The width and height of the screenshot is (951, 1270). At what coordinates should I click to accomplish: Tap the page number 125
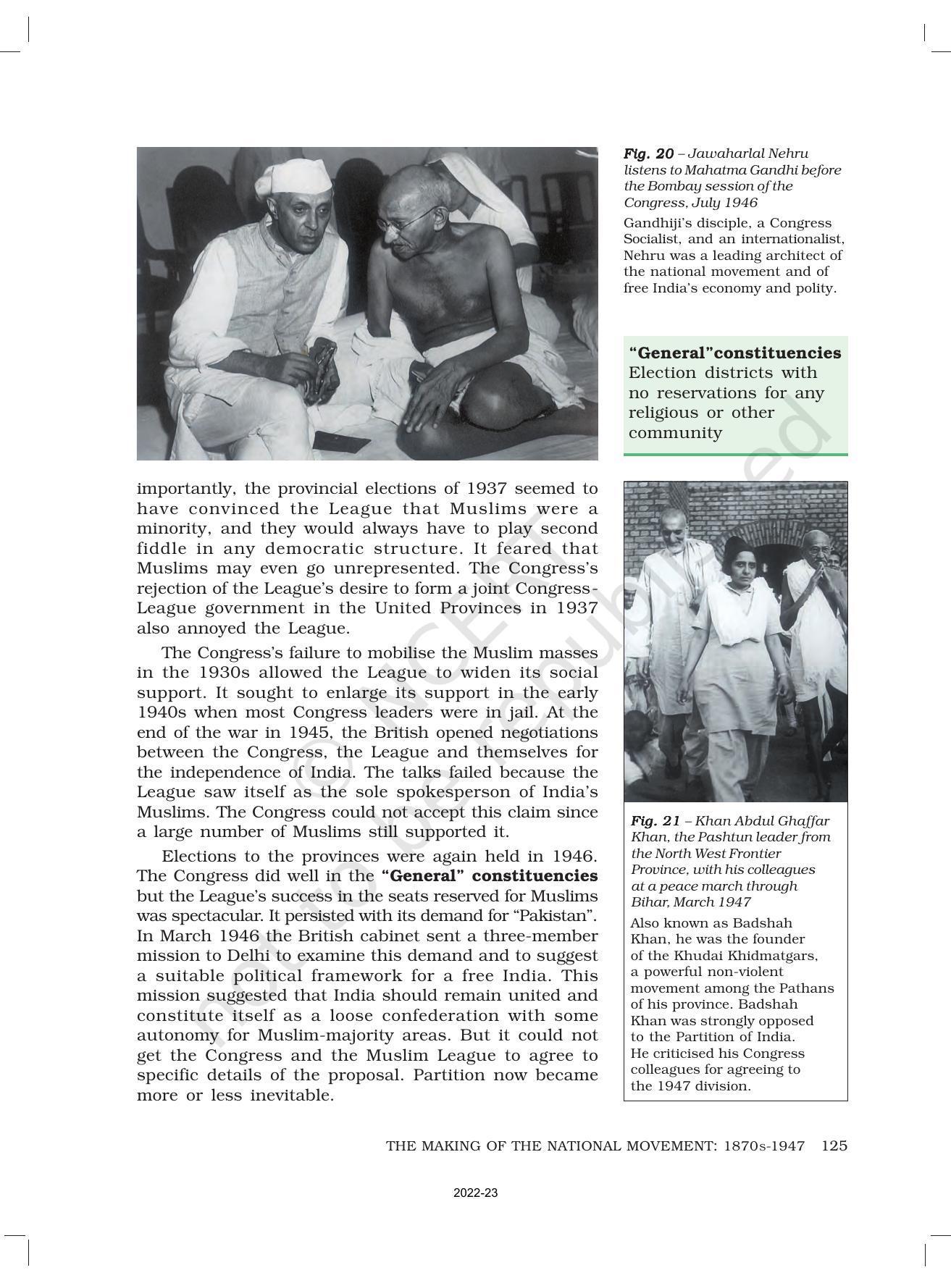(x=834, y=1145)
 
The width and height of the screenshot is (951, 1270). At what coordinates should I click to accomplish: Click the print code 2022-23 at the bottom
(x=475, y=1193)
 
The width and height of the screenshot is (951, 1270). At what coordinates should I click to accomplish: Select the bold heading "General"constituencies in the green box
(x=734, y=353)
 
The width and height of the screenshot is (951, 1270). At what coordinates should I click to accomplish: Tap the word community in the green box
(x=675, y=433)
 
